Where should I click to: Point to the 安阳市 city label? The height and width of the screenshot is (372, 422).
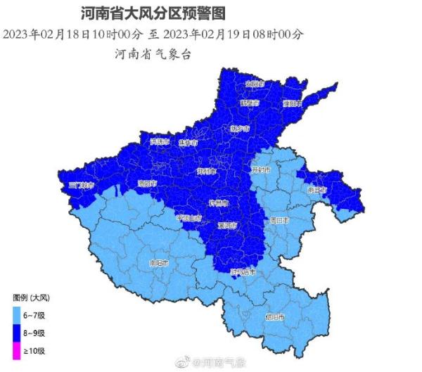(x=255, y=84)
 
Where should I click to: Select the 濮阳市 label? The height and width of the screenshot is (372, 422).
(x=292, y=103)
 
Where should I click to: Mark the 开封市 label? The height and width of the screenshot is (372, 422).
(x=261, y=169)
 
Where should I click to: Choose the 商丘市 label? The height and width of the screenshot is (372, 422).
(x=318, y=190)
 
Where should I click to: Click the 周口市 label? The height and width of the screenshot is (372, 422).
(x=281, y=220)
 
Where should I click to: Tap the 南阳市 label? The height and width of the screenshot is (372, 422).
(x=160, y=263)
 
